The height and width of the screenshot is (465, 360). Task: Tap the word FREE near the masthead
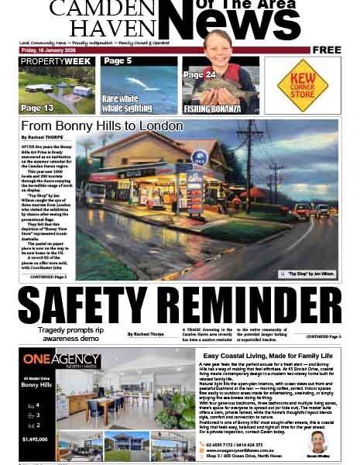coord(327,50)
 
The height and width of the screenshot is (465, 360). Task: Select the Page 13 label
coord(37,108)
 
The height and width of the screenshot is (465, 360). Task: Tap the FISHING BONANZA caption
coord(210,108)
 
